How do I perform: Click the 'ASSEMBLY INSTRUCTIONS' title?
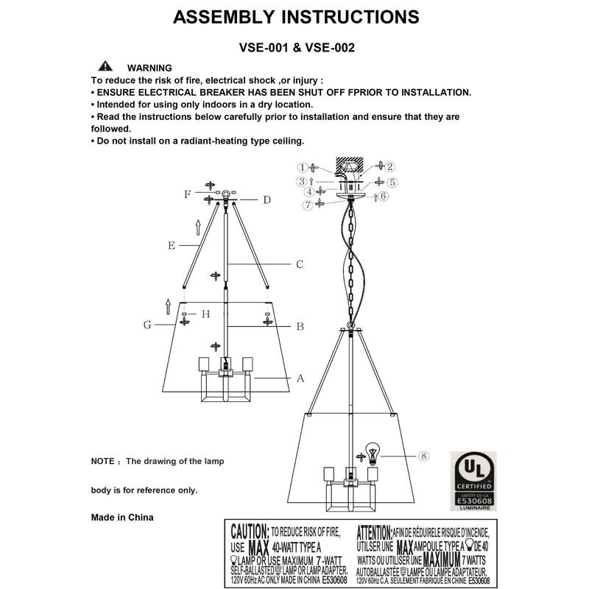(296, 17)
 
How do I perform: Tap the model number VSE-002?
(330, 48)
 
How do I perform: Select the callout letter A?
(300, 379)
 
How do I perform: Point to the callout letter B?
(300, 326)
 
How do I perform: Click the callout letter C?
(300, 264)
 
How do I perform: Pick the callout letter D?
(267, 200)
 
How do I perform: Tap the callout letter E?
(171, 246)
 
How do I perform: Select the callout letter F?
(187, 194)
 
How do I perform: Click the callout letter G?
(148, 324)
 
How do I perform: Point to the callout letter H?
(206, 314)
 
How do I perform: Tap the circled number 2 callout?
(390, 166)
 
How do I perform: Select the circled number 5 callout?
(392, 181)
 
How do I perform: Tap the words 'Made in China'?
(122, 518)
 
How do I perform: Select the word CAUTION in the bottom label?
(250, 531)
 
